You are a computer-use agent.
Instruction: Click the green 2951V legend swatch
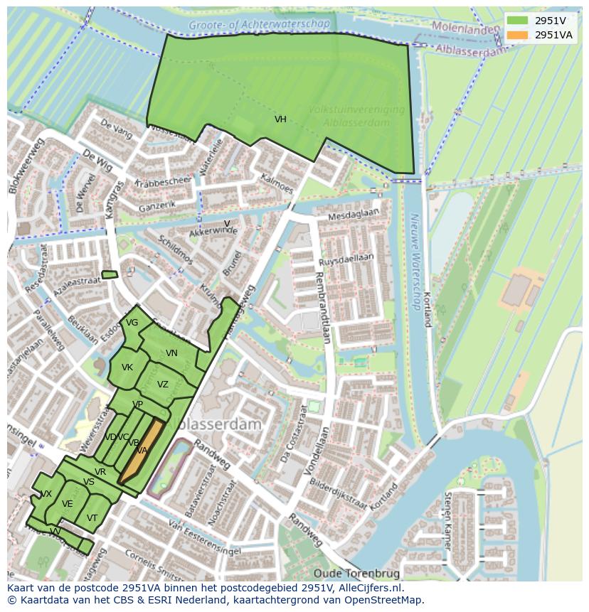pos(517,21)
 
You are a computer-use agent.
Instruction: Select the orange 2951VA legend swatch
pos(517,35)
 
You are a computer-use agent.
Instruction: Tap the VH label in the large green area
pos(280,119)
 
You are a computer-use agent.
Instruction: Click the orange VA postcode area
pos(142,450)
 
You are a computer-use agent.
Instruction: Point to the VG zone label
pos(132,323)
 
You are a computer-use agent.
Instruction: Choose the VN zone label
pos(171,353)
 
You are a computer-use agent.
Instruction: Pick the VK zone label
pos(127,367)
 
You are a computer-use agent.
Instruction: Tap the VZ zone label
pos(163,385)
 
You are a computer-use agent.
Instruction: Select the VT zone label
pos(92,518)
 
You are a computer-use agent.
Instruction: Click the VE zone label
pos(68,504)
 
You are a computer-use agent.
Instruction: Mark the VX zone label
pos(46,494)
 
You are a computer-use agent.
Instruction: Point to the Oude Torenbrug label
pos(356,574)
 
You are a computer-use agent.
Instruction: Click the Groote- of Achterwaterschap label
pos(260,25)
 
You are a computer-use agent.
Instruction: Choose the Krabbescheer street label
pos(165,186)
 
